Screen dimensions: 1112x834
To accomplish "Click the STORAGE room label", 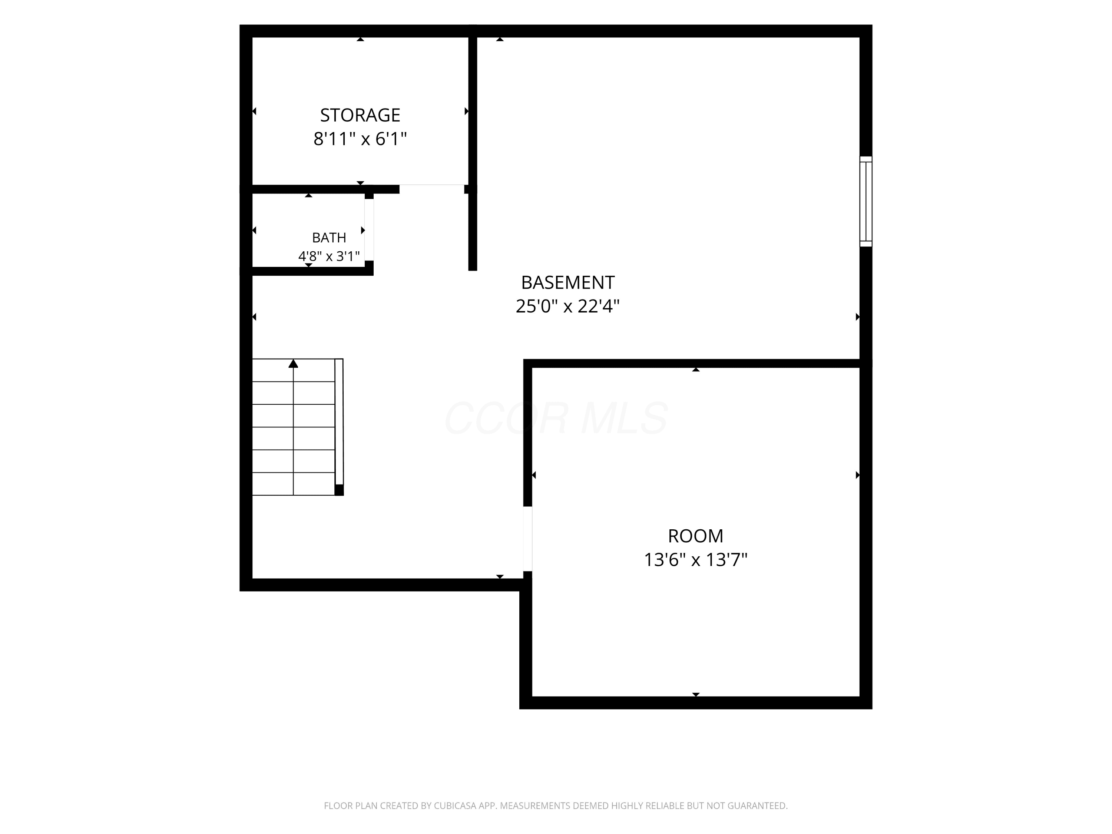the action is point(360,115).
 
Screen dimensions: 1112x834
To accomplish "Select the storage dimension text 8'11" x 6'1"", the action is point(360,138).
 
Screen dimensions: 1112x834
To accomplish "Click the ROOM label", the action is point(695,536).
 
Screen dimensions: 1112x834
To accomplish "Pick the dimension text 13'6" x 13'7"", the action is point(695,559).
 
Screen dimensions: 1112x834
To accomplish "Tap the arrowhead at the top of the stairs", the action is point(293,364).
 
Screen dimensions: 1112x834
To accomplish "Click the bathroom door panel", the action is point(369,230).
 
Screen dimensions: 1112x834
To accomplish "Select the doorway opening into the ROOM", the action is point(528,539).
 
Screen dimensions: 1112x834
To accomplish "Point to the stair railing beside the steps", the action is point(339,422).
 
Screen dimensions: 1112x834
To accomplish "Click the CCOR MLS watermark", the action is point(556,418).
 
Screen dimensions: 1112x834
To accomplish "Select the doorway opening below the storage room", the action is point(432,189).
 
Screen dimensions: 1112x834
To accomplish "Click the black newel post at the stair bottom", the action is point(339,490).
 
